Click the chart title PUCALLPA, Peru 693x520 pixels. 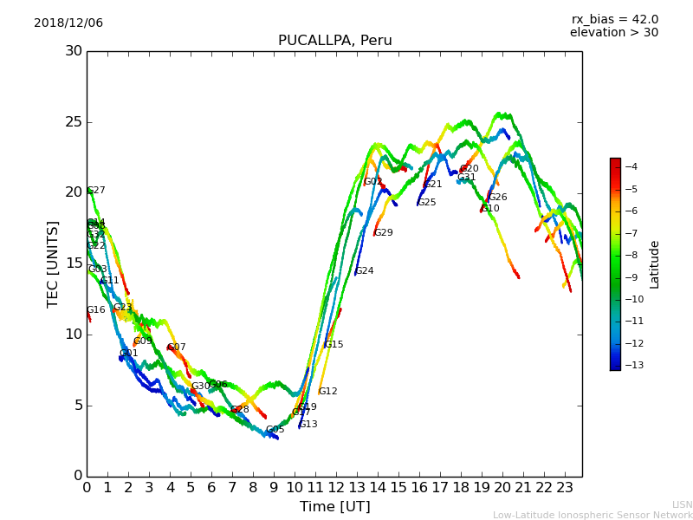point(334,41)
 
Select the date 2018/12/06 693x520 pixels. point(68,23)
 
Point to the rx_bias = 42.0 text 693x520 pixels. point(614,20)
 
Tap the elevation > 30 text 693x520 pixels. point(614,33)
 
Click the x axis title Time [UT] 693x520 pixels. point(334,507)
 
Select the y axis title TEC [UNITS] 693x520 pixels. point(53,263)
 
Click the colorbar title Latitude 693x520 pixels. point(655,264)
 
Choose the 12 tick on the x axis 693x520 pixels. point(336,488)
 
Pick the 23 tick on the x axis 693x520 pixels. point(565,488)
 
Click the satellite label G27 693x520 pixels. point(96,191)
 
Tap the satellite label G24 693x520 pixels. point(365,271)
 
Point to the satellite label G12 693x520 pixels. point(328,392)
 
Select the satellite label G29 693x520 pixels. point(384,233)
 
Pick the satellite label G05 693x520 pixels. point(275,430)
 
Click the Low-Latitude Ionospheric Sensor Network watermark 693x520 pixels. point(593,516)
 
